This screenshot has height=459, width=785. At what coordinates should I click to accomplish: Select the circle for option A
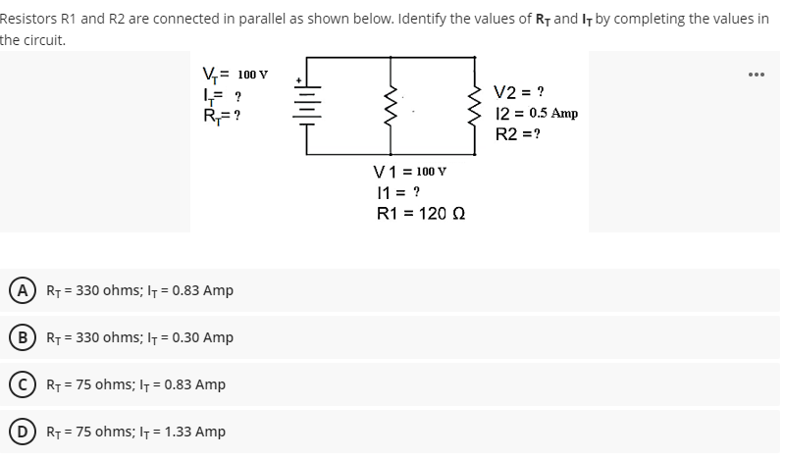tap(18, 290)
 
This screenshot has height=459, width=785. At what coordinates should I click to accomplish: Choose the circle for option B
tap(18, 337)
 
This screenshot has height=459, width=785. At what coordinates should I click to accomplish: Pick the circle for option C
tap(18, 384)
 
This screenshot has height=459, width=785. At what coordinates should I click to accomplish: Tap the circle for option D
tap(18, 432)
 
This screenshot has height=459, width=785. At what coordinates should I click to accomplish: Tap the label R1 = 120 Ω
tap(419, 214)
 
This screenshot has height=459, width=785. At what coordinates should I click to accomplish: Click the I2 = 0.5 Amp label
tap(536, 113)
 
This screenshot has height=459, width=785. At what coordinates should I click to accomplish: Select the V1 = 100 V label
tap(411, 173)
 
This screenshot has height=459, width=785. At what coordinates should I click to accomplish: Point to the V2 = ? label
tap(519, 93)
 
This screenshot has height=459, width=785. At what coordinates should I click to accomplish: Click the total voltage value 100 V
tap(253, 74)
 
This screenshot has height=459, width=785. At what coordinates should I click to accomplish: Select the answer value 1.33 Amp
tap(194, 432)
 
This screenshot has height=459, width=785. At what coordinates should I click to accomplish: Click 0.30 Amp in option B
tap(201, 337)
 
